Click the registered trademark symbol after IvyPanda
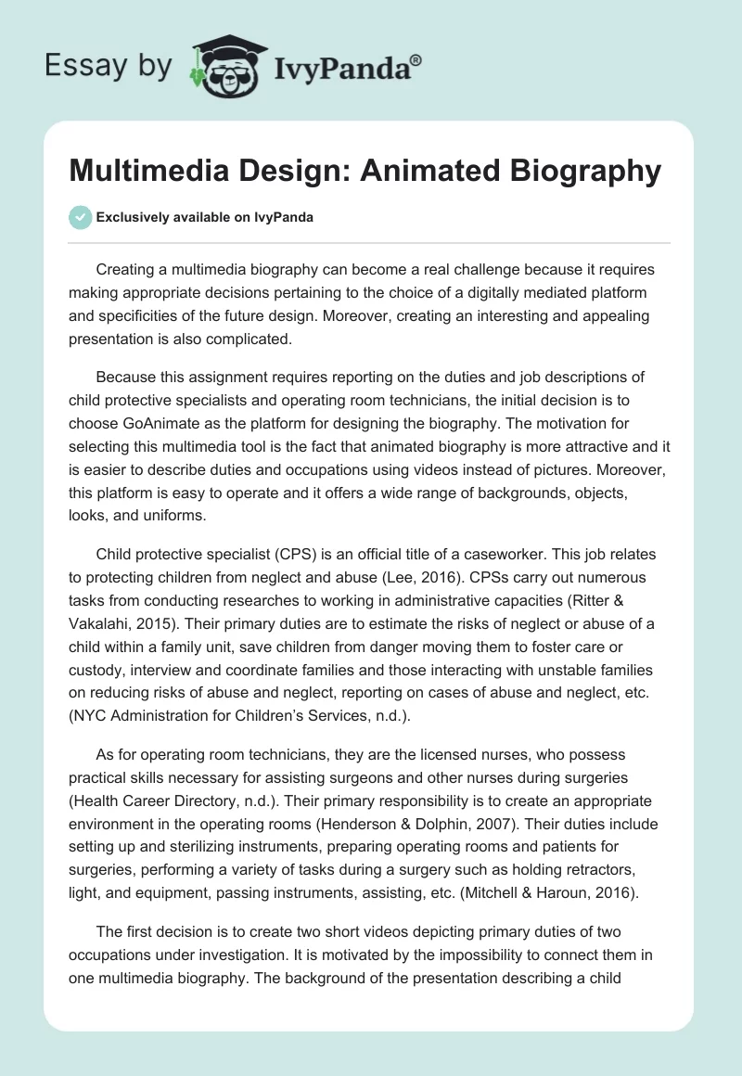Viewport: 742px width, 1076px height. (x=416, y=59)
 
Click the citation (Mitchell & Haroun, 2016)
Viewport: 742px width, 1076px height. (x=562, y=891)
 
